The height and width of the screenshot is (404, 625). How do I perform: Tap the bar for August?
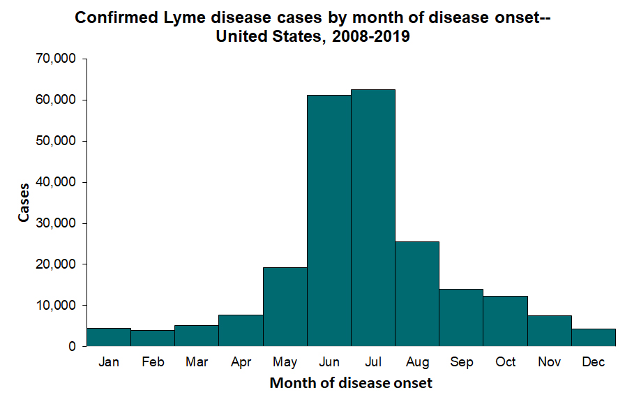(x=417, y=294)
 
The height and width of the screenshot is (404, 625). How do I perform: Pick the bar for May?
(x=285, y=306)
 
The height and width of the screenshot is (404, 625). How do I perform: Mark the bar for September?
(x=461, y=317)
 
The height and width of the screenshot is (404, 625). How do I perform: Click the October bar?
(x=505, y=321)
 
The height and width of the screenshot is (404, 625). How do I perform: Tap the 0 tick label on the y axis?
(x=70, y=347)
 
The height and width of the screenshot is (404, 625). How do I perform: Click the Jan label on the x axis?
(x=108, y=362)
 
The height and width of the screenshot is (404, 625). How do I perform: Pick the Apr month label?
(x=241, y=362)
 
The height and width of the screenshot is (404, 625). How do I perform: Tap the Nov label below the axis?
(x=549, y=362)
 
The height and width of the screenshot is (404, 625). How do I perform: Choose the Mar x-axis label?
(x=196, y=362)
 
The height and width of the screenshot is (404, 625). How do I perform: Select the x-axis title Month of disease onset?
(x=351, y=383)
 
